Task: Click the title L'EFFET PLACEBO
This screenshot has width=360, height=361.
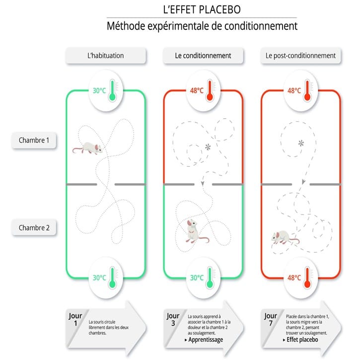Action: pos(202,9)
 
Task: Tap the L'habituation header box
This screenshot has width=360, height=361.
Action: pos(106,56)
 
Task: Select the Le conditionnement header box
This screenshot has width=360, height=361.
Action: pos(203,56)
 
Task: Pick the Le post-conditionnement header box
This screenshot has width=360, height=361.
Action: pos(300,56)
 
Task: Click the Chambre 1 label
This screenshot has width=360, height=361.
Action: pos(34,140)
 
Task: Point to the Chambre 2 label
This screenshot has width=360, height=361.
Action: pos(34,228)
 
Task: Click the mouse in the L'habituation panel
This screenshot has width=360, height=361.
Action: pos(88,148)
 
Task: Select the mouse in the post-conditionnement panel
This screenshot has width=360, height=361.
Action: pos(285,237)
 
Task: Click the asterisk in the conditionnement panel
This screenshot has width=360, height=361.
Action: pos(208,147)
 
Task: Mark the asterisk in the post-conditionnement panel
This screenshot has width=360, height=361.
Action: pos(301,143)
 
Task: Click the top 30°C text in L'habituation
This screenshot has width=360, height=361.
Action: pos(99,91)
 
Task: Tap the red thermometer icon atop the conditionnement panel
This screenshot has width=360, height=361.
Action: pos(210,90)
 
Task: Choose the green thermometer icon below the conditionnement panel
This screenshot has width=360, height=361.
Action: pos(210,278)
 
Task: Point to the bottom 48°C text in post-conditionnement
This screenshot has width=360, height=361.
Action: pos(294,278)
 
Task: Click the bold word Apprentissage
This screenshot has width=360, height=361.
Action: pos(206,340)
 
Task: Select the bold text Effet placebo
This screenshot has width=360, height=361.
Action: pos(302,340)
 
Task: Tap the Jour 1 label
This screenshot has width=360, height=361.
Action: pos(75,319)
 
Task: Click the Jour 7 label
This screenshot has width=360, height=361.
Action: pos(271,319)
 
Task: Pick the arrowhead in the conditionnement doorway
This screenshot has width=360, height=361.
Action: pos(203,184)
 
